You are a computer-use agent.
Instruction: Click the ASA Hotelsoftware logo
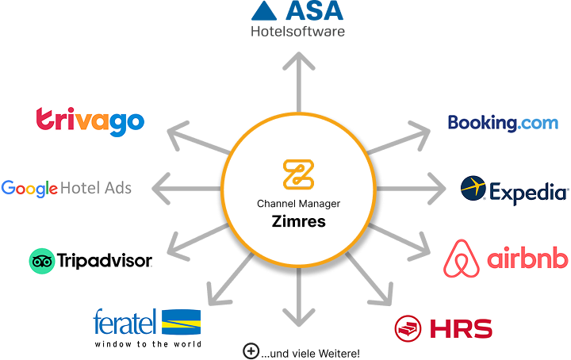pyautogui.click(x=298, y=20)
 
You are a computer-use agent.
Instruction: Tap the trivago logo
pyautogui.click(x=90, y=121)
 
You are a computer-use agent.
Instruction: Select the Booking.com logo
pyautogui.click(x=503, y=123)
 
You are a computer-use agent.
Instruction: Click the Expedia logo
pyautogui.click(x=514, y=191)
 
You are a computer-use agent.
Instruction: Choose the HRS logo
pyautogui.click(x=443, y=327)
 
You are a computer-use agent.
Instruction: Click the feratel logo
pyautogui.click(x=147, y=327)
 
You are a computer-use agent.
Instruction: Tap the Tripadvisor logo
pyautogui.click(x=90, y=261)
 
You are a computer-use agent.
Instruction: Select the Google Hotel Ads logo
pyautogui.click(x=67, y=188)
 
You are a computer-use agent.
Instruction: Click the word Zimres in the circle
pyautogui.click(x=298, y=221)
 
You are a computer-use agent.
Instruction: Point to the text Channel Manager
pyautogui.click(x=298, y=204)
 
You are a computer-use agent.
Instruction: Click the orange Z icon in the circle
pyautogui.click(x=298, y=174)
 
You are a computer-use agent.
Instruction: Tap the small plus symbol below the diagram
pyautogui.click(x=251, y=350)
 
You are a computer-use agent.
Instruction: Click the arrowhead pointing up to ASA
pyautogui.click(x=298, y=59)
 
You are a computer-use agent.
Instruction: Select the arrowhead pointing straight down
pyautogui.click(x=298, y=319)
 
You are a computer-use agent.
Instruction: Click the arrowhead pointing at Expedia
pyautogui.click(x=439, y=190)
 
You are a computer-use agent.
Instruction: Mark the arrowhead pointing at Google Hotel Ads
pyautogui.click(x=159, y=190)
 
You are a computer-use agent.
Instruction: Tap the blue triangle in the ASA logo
pyautogui.click(x=265, y=10)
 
